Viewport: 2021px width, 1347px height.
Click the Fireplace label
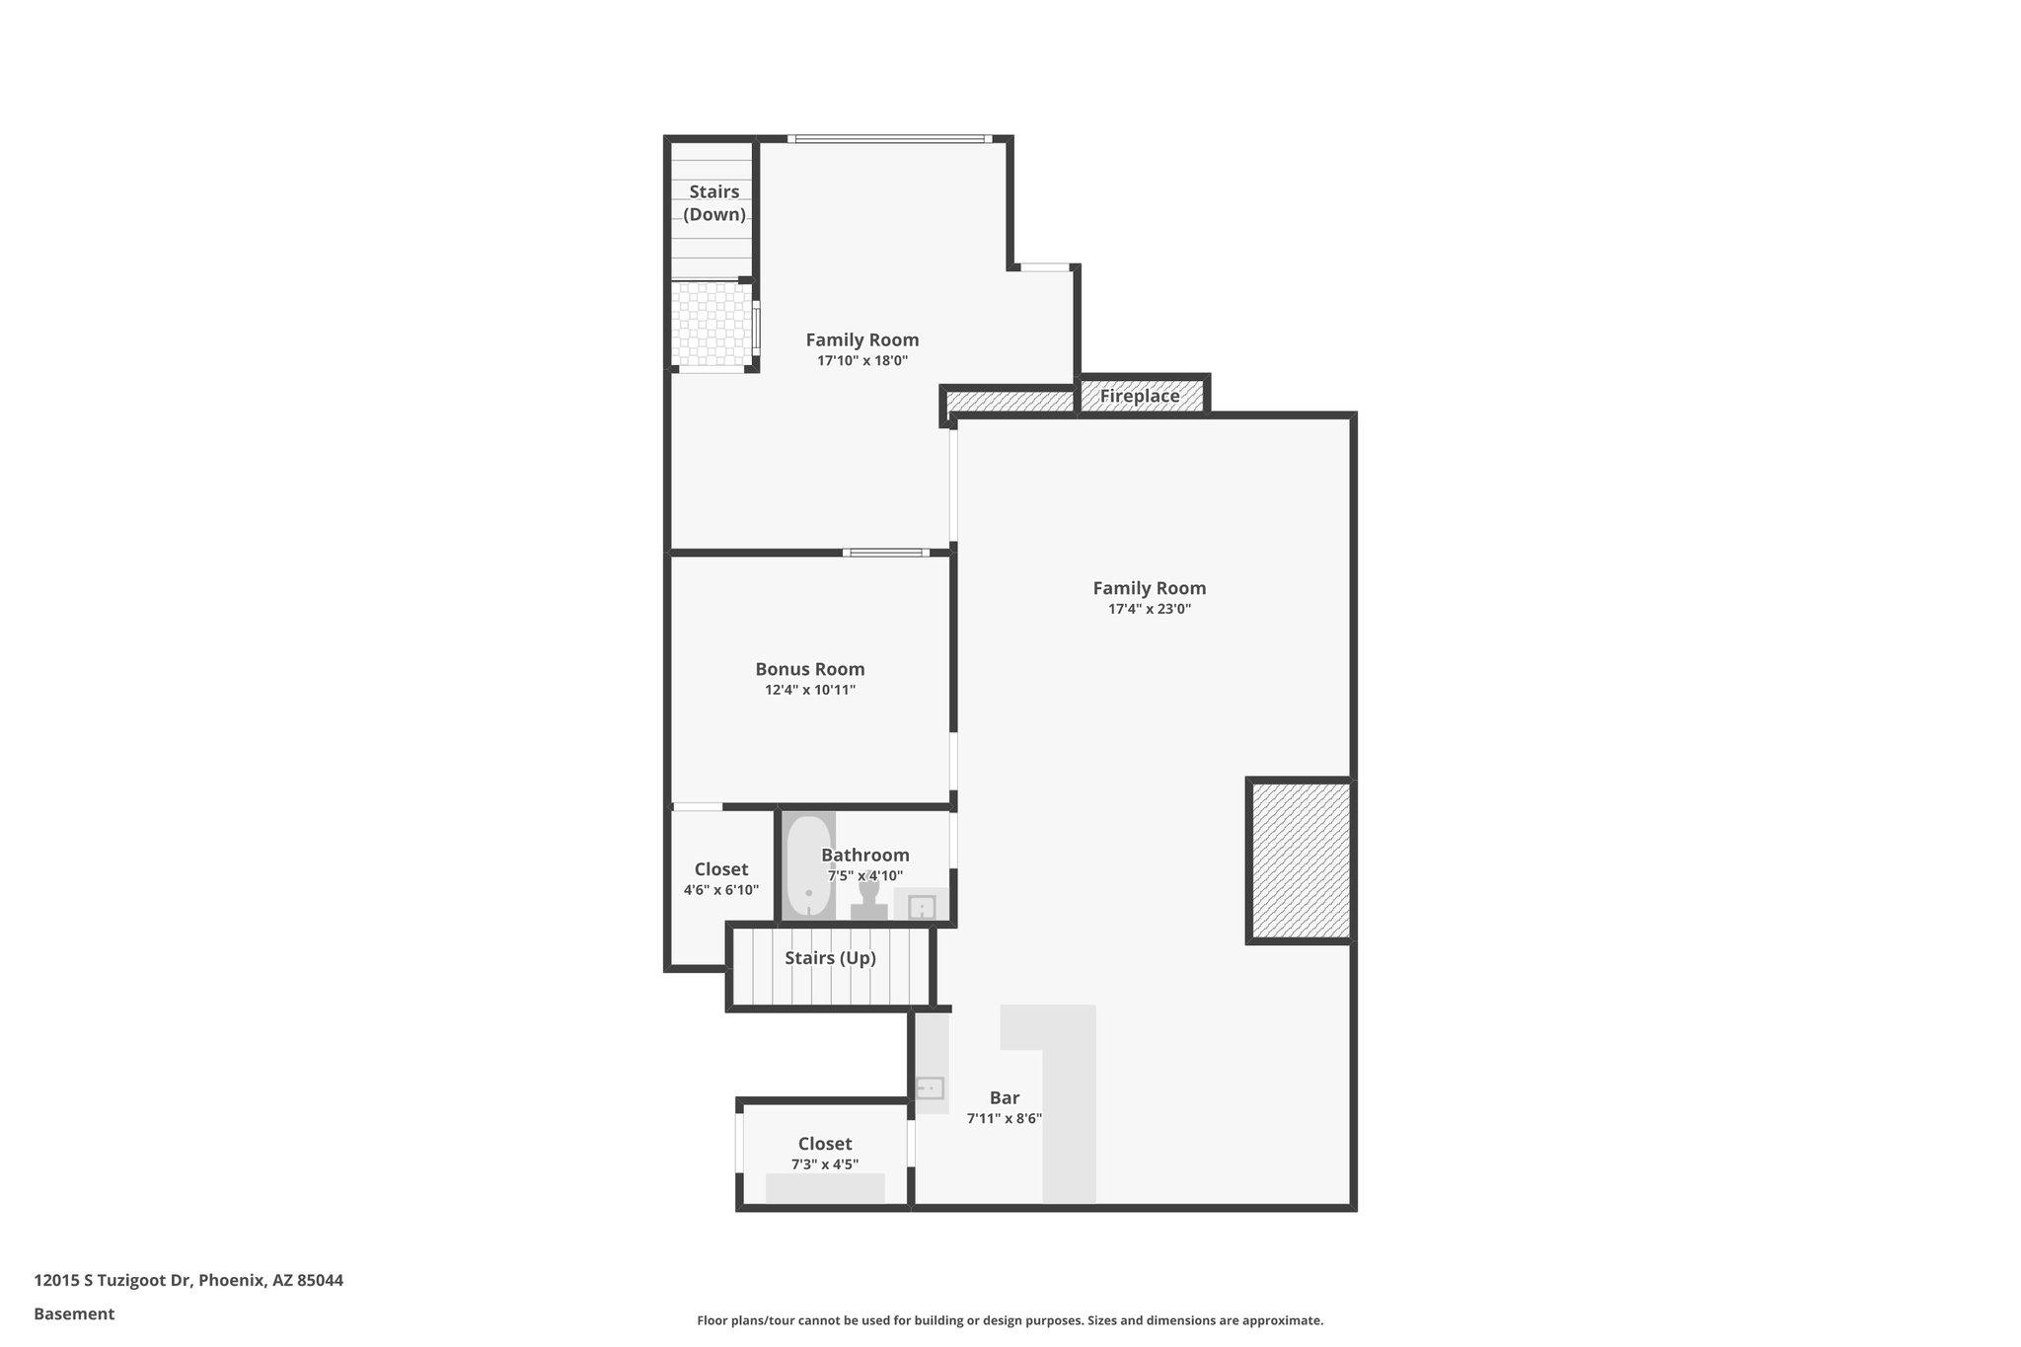tap(1140, 396)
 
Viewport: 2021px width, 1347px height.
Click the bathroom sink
tap(922, 906)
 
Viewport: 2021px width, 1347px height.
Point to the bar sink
tap(931, 1087)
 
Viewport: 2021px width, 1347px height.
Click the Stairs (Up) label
tap(830, 958)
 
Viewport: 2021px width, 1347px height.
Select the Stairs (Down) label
tap(714, 202)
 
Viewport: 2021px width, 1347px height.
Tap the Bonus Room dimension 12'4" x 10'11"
tap(810, 690)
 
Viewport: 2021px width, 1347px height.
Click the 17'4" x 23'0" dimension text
tap(1150, 609)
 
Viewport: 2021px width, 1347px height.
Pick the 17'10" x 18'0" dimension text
tap(862, 361)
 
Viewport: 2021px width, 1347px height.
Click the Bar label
tap(1005, 1097)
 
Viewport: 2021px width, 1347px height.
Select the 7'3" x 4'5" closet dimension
tap(825, 1164)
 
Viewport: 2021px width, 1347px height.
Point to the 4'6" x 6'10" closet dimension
tap(721, 890)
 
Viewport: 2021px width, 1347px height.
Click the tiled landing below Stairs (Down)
tap(711, 326)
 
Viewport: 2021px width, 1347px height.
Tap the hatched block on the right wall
tap(1300, 861)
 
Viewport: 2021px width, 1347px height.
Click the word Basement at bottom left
tap(74, 1313)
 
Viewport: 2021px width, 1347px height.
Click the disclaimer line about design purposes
tap(1010, 1320)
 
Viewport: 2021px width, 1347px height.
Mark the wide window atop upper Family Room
tap(890, 139)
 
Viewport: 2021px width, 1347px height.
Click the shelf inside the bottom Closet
tap(825, 1188)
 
